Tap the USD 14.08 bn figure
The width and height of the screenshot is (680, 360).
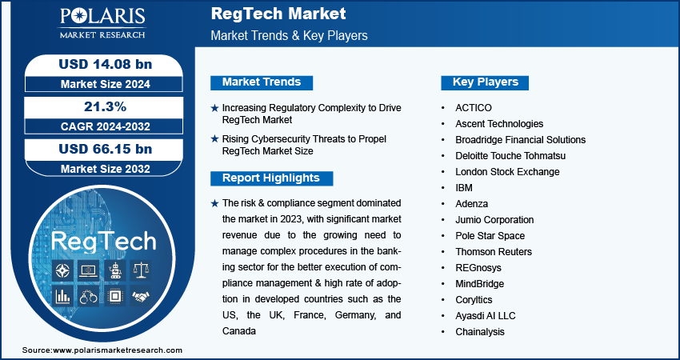pyautogui.click(x=106, y=64)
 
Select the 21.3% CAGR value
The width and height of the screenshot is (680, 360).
pyautogui.click(x=106, y=106)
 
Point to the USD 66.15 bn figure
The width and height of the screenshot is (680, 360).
pyautogui.click(x=106, y=149)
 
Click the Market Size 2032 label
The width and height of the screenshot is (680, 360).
pyautogui.click(x=106, y=169)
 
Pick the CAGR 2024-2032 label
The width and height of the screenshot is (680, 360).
pyautogui.click(x=106, y=126)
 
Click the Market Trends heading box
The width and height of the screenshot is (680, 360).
pyautogui.click(x=262, y=82)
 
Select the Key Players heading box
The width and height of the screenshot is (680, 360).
pyautogui.click(x=485, y=82)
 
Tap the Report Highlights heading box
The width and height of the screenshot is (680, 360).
pyautogui.click(x=271, y=178)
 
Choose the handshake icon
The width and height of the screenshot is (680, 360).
pyautogui.click(x=142, y=296)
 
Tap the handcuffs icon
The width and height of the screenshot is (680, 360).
pyautogui.click(x=89, y=296)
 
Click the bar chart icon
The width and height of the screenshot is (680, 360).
pyautogui.click(x=63, y=296)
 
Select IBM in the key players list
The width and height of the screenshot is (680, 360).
pyautogui.click(x=464, y=188)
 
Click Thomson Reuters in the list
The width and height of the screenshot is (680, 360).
pyautogui.click(x=494, y=251)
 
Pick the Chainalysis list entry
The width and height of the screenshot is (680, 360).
pyautogui.click(x=480, y=332)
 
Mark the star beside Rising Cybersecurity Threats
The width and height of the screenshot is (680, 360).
pyautogui.click(x=214, y=139)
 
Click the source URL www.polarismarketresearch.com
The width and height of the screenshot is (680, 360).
pyautogui.click(x=118, y=350)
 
